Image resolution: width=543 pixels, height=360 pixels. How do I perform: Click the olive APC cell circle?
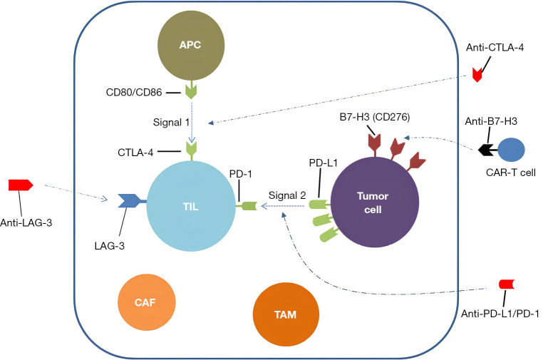tap(191, 46)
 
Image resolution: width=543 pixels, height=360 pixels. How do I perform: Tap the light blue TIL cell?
tap(191, 206)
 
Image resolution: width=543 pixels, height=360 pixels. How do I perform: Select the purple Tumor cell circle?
tap(375, 202)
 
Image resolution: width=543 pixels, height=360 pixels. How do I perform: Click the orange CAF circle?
tap(147, 302)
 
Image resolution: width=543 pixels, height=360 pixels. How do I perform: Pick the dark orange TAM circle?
tap(286, 314)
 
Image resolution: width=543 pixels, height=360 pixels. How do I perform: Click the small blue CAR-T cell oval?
tap(511, 150)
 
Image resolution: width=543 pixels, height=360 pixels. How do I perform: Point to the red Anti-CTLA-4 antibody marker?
tap(477, 75)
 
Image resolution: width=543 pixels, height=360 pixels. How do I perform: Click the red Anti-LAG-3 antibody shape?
tap(21, 185)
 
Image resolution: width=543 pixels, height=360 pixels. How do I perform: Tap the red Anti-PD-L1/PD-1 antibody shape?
tap(506, 284)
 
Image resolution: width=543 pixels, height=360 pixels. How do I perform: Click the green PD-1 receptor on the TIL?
tap(248, 206)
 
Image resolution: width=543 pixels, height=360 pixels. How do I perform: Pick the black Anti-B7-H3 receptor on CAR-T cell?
tap(487, 150)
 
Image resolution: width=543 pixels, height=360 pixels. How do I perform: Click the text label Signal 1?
tap(172, 123)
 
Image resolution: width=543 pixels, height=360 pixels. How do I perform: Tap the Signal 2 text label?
tap(287, 195)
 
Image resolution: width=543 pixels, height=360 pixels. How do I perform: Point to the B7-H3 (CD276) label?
tap(375, 117)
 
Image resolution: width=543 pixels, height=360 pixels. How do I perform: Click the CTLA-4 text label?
tap(135, 153)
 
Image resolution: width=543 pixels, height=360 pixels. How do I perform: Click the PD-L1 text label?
tap(323, 163)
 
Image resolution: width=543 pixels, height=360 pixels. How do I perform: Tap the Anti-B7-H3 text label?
tap(491, 121)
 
